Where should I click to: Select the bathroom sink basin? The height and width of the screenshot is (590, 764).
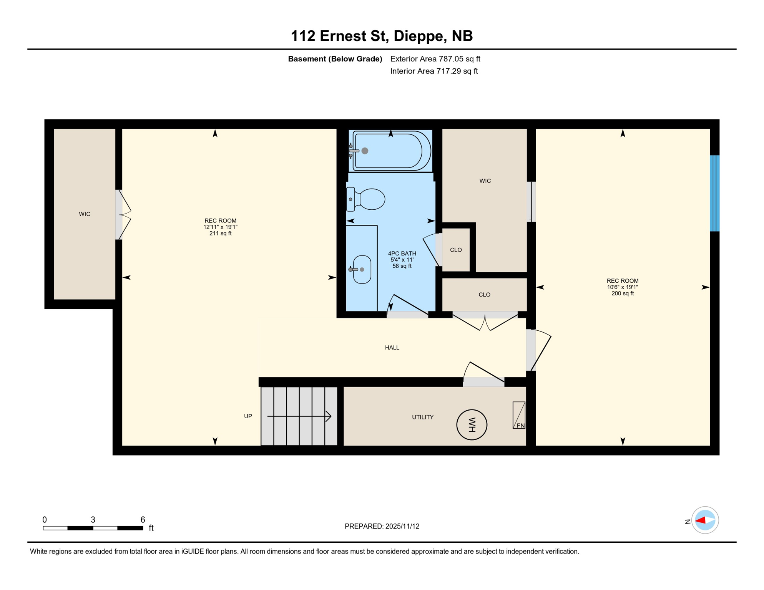click(362, 270)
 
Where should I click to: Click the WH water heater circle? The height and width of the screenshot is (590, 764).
click(472, 425)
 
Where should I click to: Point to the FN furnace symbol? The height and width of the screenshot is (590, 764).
click(519, 415)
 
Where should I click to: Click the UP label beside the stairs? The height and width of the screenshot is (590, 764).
click(248, 416)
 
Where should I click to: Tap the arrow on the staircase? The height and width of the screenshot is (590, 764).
click(299, 416)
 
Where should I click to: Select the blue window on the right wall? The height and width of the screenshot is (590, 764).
click(714, 193)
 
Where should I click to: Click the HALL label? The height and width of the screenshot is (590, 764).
click(392, 348)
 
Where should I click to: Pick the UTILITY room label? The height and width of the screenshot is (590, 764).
click(422, 417)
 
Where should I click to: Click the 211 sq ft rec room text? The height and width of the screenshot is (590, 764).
click(220, 233)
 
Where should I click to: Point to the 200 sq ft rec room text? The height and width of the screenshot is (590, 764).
click(622, 293)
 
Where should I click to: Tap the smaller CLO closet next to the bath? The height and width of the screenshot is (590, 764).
click(456, 250)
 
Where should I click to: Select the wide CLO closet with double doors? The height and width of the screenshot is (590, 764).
click(484, 295)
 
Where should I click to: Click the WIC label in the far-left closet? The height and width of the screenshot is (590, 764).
click(85, 214)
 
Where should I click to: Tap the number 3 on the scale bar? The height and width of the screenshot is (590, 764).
click(93, 520)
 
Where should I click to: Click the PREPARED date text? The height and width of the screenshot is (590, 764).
click(382, 526)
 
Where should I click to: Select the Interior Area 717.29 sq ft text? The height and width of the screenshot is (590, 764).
click(434, 71)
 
